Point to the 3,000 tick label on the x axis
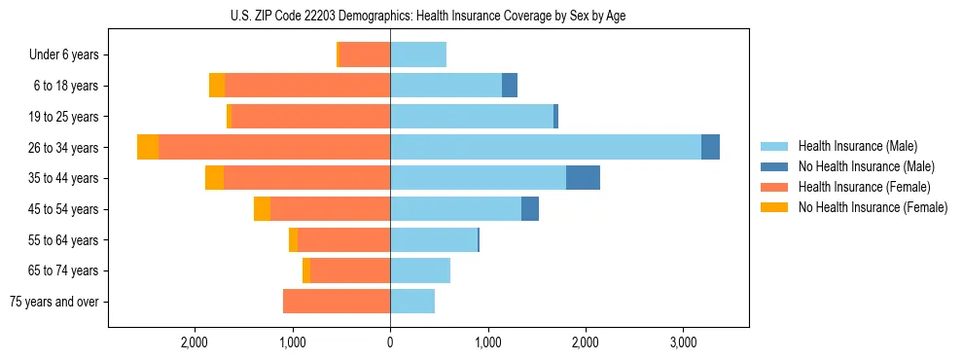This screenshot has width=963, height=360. click(x=683, y=342)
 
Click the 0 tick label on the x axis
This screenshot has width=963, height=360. click(x=390, y=342)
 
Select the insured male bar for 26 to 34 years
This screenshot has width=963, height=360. click(x=545, y=147)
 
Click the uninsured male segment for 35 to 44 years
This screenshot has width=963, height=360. click(x=583, y=178)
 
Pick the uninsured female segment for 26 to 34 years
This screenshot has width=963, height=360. click(x=148, y=147)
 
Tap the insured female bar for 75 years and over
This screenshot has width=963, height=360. click(x=337, y=302)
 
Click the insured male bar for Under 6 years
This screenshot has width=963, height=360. click(x=418, y=54)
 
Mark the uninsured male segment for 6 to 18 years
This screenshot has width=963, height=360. click(x=510, y=86)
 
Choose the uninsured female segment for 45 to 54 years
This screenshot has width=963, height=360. click(x=262, y=209)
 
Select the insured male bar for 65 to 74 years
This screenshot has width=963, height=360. click(x=420, y=270)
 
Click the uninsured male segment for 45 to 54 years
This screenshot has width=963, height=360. click(x=530, y=209)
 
